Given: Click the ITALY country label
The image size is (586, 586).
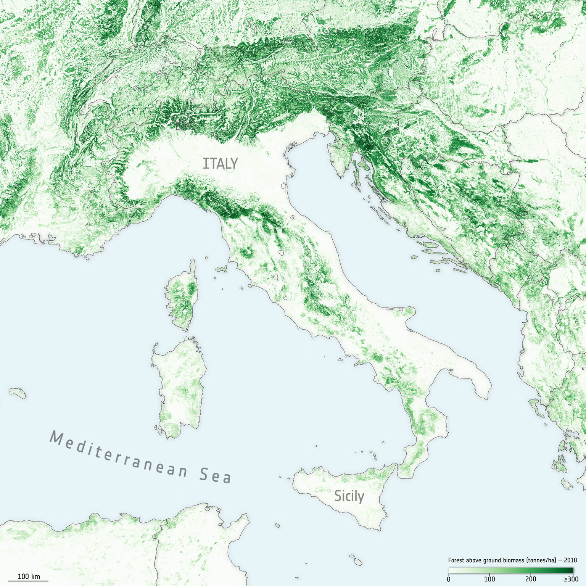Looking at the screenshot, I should pos(220,164).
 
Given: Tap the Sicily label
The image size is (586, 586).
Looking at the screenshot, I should pos(349,496).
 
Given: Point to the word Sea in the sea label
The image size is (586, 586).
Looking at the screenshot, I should pos(216,475).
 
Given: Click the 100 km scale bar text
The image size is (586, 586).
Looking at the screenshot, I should pos(29,576).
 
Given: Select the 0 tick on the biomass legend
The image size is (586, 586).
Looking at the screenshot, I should pos(449,579).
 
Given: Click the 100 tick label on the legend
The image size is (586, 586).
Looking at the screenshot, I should pos(489,579).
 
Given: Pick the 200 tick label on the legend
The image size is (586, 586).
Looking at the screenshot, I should pos(531,579).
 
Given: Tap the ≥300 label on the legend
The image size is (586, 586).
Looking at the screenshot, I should pos(571,579).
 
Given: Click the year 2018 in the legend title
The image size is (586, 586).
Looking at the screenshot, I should pos(570,560).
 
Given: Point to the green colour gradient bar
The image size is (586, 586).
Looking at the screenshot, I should pos(511,570).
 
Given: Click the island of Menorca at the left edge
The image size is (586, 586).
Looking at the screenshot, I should pos(18,393).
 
